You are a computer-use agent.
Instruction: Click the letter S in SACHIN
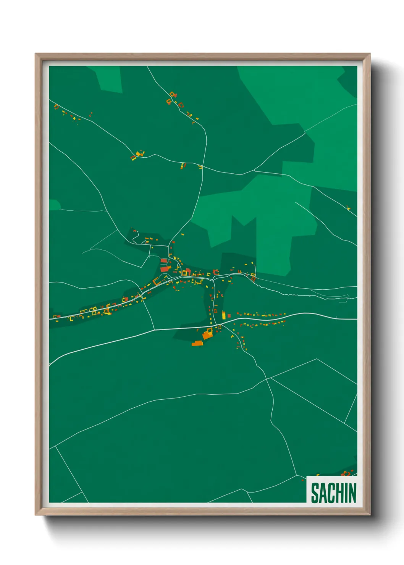coord(315,493)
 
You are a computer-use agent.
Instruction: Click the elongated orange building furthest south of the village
coord(197,344)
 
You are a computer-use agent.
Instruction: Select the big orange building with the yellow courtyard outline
coord(208,335)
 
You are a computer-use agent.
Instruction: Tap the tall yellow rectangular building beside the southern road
coord(224,316)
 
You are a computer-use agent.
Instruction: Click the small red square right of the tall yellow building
coord(229,316)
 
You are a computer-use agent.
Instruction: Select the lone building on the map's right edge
coord(348,208)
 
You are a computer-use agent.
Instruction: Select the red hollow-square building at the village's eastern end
coord(253,275)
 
